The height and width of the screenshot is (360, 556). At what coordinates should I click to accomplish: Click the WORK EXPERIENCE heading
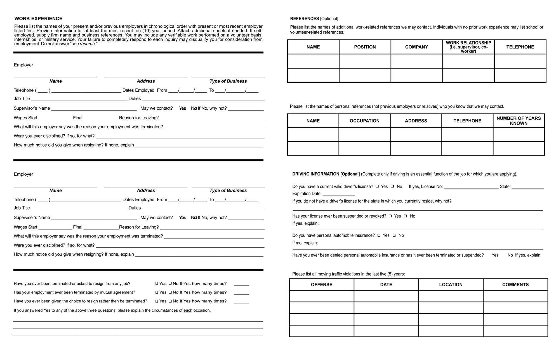tap(38, 19)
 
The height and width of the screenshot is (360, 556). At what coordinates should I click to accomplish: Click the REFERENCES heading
tap(304, 19)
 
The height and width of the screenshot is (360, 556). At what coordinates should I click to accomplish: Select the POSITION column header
tap(365, 47)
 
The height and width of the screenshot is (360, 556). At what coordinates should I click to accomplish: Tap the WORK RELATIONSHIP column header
tap(468, 47)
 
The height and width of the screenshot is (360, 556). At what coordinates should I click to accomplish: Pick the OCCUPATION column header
tap(364, 121)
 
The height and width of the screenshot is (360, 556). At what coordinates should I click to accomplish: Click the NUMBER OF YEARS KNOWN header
tap(519, 121)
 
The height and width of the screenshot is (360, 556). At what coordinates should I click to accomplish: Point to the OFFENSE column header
tap(322, 285)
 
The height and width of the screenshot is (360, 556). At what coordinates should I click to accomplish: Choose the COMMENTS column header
tap(515, 285)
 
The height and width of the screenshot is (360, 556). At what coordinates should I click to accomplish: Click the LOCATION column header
tap(451, 285)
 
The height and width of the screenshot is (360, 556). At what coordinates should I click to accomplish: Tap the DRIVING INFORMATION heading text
tap(326, 174)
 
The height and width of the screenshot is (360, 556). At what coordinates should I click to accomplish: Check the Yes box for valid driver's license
tap(377, 186)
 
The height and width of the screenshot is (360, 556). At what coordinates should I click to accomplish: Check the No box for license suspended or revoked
tap(406, 216)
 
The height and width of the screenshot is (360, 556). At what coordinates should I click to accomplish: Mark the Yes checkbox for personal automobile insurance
tap(379, 236)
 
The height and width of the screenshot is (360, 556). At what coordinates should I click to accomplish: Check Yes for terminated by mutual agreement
tap(157, 292)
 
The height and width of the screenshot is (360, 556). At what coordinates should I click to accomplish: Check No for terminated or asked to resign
tap(170, 283)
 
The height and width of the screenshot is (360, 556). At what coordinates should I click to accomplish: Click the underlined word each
tap(188, 310)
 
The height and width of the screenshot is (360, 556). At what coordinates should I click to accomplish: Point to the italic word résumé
tap(87, 44)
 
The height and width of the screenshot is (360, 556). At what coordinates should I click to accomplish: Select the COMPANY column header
tap(416, 47)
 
